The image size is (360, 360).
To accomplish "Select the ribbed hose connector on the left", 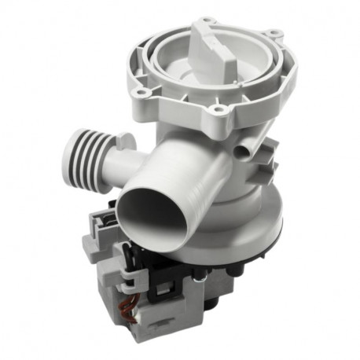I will click(x=74, y=146).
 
